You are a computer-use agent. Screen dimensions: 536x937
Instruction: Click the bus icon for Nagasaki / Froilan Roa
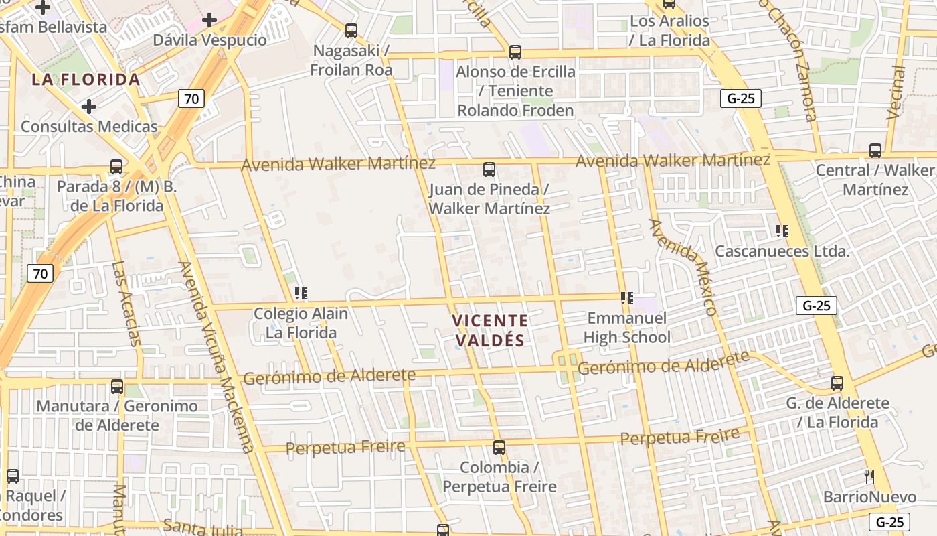pyautogui.click(x=351, y=31)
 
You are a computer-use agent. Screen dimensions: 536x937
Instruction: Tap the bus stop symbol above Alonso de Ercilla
pyautogui.click(x=515, y=52)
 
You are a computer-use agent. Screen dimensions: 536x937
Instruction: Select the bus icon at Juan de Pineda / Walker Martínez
pyautogui.click(x=489, y=170)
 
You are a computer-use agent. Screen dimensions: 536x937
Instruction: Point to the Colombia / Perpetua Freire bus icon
pyautogui.click(x=499, y=448)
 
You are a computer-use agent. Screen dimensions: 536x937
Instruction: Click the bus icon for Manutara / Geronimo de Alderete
pyautogui.click(x=117, y=387)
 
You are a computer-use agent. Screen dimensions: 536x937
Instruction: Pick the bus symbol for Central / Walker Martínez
pyautogui.click(x=875, y=151)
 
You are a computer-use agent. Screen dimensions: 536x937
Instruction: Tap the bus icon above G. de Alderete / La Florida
pyautogui.click(x=837, y=383)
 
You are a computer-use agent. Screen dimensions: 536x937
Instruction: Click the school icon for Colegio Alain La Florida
pyautogui.click(x=301, y=293)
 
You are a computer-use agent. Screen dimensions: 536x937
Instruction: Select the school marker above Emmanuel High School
pyautogui.click(x=627, y=297)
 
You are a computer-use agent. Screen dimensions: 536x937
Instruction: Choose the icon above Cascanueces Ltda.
pyautogui.click(x=782, y=232)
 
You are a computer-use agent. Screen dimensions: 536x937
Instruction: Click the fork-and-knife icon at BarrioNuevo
pyautogui.click(x=869, y=477)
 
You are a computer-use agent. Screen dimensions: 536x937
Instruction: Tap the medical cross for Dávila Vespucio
pyautogui.click(x=209, y=20)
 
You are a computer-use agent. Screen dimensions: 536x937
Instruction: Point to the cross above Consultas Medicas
pyautogui.click(x=89, y=107)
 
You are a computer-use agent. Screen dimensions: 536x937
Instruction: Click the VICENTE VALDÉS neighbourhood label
pyautogui.click(x=490, y=330)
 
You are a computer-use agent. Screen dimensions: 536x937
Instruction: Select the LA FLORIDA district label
pyautogui.click(x=86, y=80)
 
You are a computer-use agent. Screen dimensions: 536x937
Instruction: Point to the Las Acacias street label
pyautogui.click(x=126, y=303)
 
